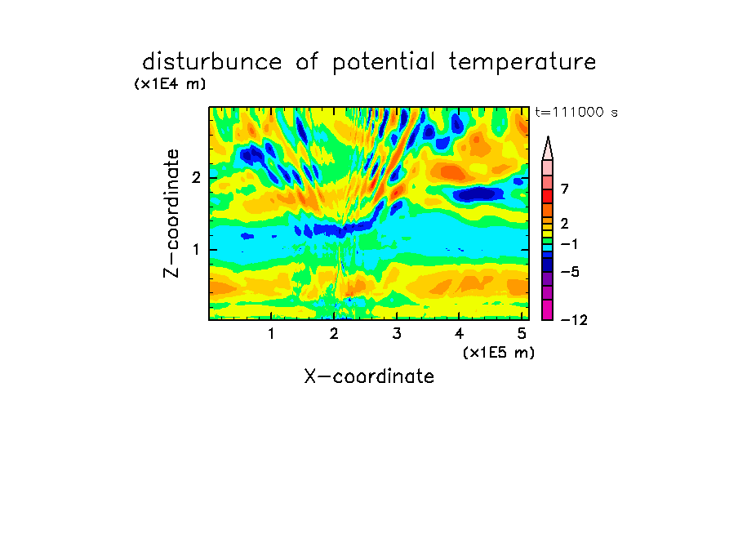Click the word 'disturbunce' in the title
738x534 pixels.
click(211, 62)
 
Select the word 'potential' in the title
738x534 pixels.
click(384, 63)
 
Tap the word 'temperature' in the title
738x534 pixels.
click(522, 63)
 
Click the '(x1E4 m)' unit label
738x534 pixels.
click(170, 84)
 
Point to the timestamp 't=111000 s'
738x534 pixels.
click(576, 112)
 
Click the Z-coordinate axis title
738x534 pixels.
click(171, 213)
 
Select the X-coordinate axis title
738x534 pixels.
click(369, 376)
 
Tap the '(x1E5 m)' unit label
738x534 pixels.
click(499, 353)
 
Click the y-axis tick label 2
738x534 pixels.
click(196, 178)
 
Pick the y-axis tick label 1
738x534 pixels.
click(196, 250)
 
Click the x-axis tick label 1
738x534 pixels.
click(271, 334)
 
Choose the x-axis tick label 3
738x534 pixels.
click(397, 334)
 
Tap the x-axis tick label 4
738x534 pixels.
click(459, 334)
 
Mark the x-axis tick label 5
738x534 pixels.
click(522, 334)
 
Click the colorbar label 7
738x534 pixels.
click(565, 189)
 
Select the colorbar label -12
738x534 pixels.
click(574, 320)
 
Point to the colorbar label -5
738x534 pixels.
click(570, 272)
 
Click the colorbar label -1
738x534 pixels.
click(569, 244)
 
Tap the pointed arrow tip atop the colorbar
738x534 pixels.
click(548, 136)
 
